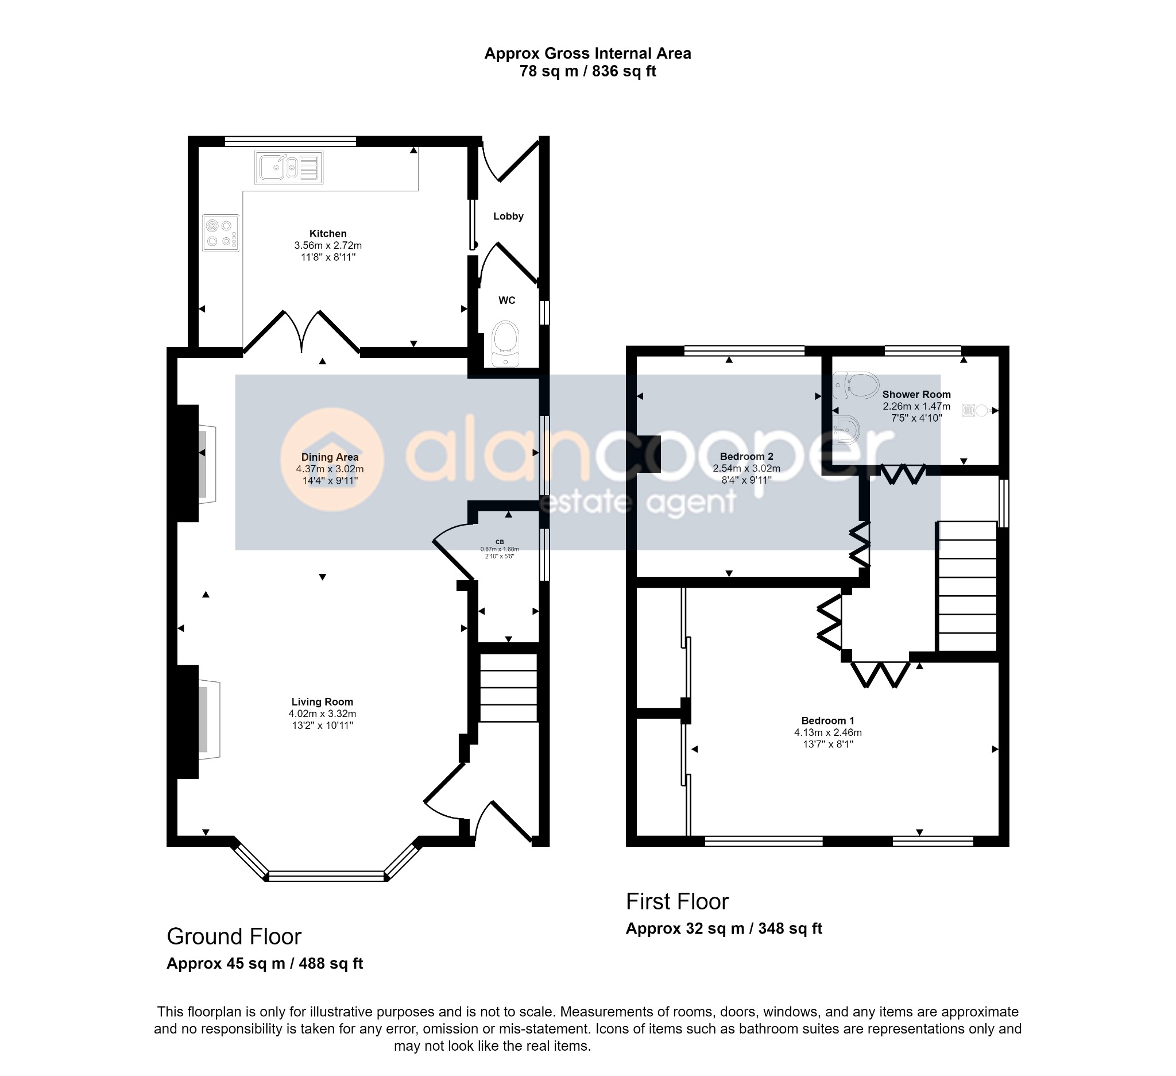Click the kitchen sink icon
click(289, 168)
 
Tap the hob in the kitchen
click(221, 233)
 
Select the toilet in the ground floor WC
click(505, 344)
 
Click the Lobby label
click(508, 217)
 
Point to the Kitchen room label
click(328, 234)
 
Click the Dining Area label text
click(330, 457)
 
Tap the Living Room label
click(322, 702)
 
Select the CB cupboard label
click(500, 542)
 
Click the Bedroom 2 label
click(746, 456)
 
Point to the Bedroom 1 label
click(827, 720)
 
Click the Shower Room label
click(916, 395)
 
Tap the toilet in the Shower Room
click(856, 385)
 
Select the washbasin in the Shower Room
click(846, 430)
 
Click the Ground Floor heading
click(234, 936)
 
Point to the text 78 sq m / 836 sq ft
click(588, 71)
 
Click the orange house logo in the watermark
click(332, 460)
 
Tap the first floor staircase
click(966, 585)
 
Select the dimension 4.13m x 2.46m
click(828, 732)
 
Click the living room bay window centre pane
click(326, 876)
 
